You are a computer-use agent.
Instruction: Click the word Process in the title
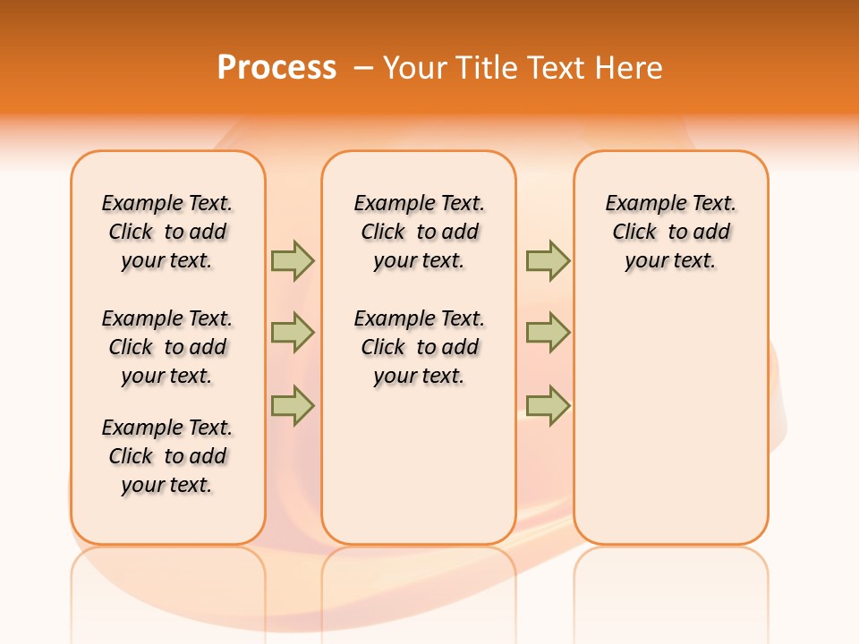tap(276, 68)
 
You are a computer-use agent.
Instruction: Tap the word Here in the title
tap(629, 68)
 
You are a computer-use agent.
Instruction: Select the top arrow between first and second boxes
tap(293, 260)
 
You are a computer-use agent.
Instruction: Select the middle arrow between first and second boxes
tap(293, 333)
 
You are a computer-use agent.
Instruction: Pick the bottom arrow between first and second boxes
tap(293, 406)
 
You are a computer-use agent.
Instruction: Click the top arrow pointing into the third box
tap(548, 260)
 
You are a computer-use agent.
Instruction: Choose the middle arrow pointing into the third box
tap(548, 333)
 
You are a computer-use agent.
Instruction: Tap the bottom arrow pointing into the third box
tap(548, 406)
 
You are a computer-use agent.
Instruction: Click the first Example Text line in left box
tap(167, 203)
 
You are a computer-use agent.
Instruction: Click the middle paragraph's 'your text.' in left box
tap(167, 376)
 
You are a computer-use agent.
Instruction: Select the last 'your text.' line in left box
tap(167, 485)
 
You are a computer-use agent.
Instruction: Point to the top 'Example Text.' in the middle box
tap(419, 203)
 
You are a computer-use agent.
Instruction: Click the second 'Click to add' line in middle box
tap(419, 347)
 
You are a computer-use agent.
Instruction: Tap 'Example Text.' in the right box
tap(670, 203)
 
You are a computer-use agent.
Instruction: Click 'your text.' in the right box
tap(670, 260)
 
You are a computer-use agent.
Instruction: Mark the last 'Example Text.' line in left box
tap(167, 428)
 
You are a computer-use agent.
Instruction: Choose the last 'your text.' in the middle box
tap(419, 376)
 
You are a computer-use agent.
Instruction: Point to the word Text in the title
tap(559, 68)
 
